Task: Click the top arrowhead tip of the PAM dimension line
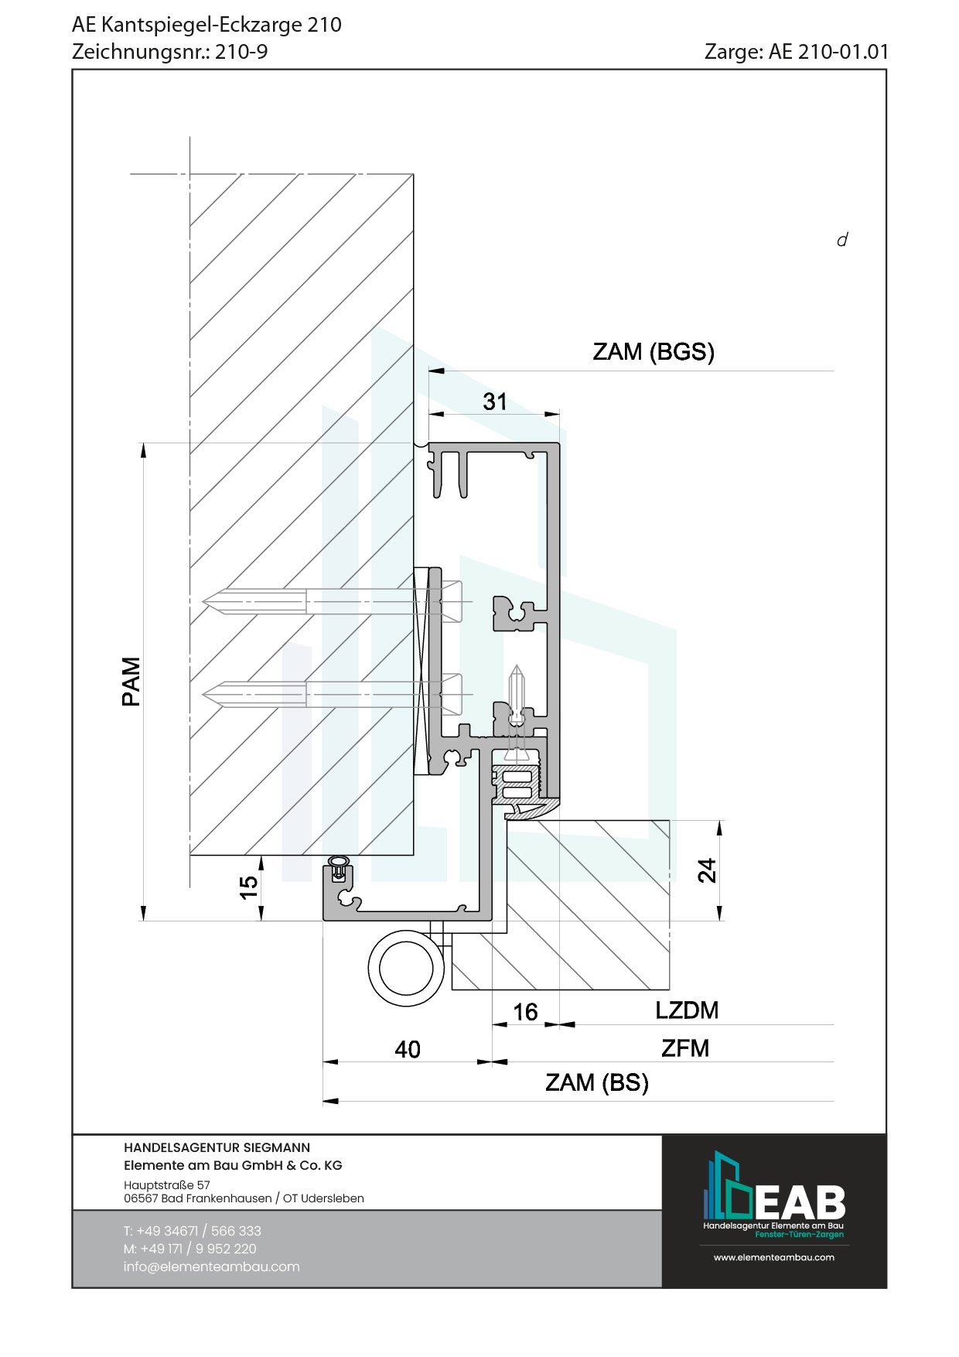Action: point(143,443)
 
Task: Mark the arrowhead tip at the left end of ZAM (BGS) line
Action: point(428,371)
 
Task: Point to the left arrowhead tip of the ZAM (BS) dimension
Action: point(323,1100)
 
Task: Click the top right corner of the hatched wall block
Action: point(414,174)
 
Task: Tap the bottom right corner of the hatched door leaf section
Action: point(670,990)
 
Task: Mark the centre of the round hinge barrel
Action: point(406,968)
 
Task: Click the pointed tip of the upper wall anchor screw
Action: point(203,602)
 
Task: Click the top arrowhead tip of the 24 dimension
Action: point(720,821)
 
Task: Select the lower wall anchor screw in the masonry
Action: point(333,693)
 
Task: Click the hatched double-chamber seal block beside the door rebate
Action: point(516,784)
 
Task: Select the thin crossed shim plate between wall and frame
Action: point(421,671)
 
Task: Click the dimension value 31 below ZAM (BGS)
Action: point(495,402)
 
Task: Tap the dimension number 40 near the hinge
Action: point(408,1049)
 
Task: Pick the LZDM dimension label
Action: point(687,1010)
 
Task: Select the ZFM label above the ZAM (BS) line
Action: point(685,1048)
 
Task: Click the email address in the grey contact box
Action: point(211,1266)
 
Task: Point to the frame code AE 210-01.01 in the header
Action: point(829,52)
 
